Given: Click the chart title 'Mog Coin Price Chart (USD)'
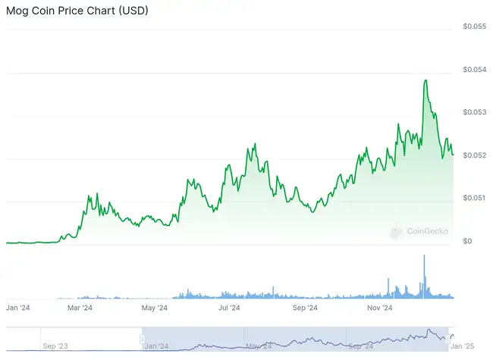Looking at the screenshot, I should coord(77,11).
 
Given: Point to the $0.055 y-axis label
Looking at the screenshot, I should coord(475,27).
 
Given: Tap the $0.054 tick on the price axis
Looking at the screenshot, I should coord(475,70).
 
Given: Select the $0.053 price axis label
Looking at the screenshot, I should coord(475,112).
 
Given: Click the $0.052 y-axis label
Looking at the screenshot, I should coord(475,155).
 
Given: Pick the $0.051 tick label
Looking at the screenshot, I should coord(475,198).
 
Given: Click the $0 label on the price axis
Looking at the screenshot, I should coord(467,241).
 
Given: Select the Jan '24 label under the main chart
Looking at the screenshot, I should coord(18,308).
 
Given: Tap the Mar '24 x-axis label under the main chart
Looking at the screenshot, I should coord(80,308).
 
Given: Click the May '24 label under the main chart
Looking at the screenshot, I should coord(154,308).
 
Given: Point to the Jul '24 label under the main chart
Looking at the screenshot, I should coord(229,308).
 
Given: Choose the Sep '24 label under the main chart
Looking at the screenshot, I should coord(304,308).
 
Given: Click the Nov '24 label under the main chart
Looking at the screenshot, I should coord(379,308).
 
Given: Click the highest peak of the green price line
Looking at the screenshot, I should coord(425,80).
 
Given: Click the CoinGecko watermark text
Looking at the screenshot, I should coord(427,231).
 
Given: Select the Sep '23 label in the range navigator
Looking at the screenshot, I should coord(55,346).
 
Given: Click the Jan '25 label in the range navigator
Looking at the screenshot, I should coord(462,346).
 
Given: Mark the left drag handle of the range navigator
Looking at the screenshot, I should coord(142,338).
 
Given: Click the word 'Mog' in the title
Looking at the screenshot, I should coord(19,11).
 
